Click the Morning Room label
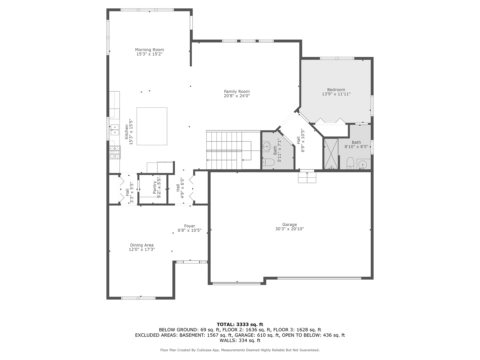pyautogui.click(x=149, y=50)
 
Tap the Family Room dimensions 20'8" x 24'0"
pyautogui.click(x=237, y=96)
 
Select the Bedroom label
pyautogui.click(x=336, y=89)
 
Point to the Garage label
pyautogui.click(x=289, y=224)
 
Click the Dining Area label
pyautogui.click(x=142, y=245)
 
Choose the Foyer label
pyautogui.click(x=190, y=226)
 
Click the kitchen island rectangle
pyautogui.click(x=152, y=126)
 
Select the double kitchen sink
pyautogui.click(x=115, y=130)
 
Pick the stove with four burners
pyautogui.click(x=115, y=153)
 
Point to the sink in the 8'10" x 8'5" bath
pyautogui.click(x=363, y=164)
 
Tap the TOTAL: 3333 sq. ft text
pyautogui.click(x=240, y=324)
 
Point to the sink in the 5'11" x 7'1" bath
pyautogui.click(x=266, y=147)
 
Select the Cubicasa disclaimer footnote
pyautogui.click(x=240, y=350)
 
